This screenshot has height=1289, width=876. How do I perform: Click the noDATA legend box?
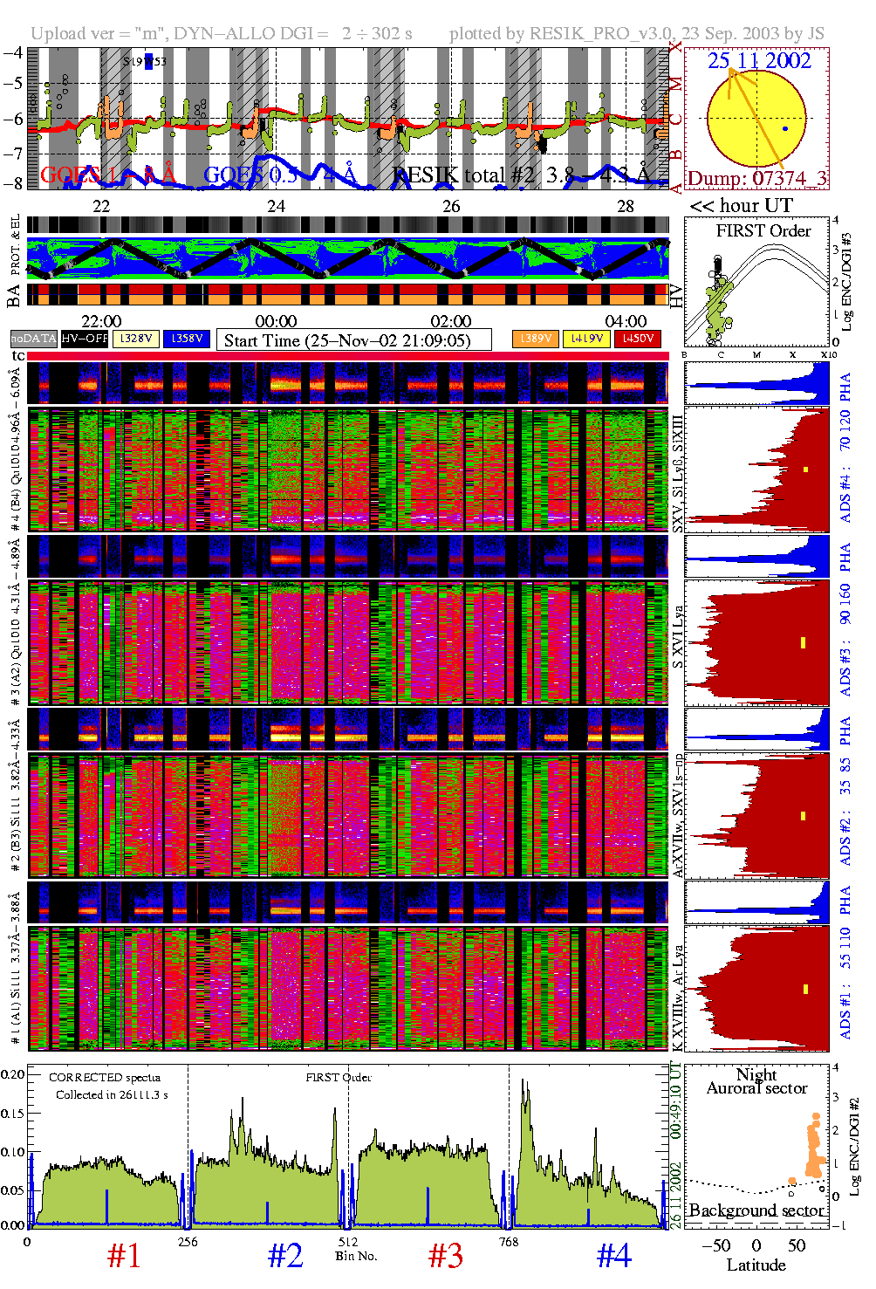[x=33, y=339]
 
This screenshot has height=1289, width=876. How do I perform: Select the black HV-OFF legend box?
[x=85, y=339]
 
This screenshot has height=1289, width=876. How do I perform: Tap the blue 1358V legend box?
[x=187, y=339]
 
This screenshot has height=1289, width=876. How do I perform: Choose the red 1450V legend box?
[x=638, y=339]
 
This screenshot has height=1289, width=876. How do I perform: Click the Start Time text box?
[x=353, y=340]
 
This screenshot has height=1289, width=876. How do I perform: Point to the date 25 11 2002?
[x=759, y=61]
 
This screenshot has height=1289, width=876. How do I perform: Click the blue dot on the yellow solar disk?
[x=785, y=129]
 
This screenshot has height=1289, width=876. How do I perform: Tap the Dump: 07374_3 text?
[x=756, y=179]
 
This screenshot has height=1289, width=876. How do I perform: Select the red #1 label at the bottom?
[x=124, y=1256]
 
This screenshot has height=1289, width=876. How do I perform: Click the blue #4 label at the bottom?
[x=613, y=1256]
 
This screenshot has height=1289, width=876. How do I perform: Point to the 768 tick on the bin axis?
[x=509, y=1242]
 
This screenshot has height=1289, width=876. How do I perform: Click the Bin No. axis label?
[x=356, y=1256]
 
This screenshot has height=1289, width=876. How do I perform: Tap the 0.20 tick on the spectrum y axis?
[x=13, y=1074]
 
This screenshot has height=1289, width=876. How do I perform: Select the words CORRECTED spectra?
[x=105, y=1078]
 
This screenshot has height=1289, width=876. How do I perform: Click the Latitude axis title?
[x=756, y=1265]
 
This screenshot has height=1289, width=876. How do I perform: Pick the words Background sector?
[x=756, y=1210]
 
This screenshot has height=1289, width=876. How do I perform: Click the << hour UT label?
[x=742, y=206]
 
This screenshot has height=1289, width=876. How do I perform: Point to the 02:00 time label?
[x=451, y=321]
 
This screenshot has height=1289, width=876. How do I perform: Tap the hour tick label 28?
[x=626, y=207]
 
